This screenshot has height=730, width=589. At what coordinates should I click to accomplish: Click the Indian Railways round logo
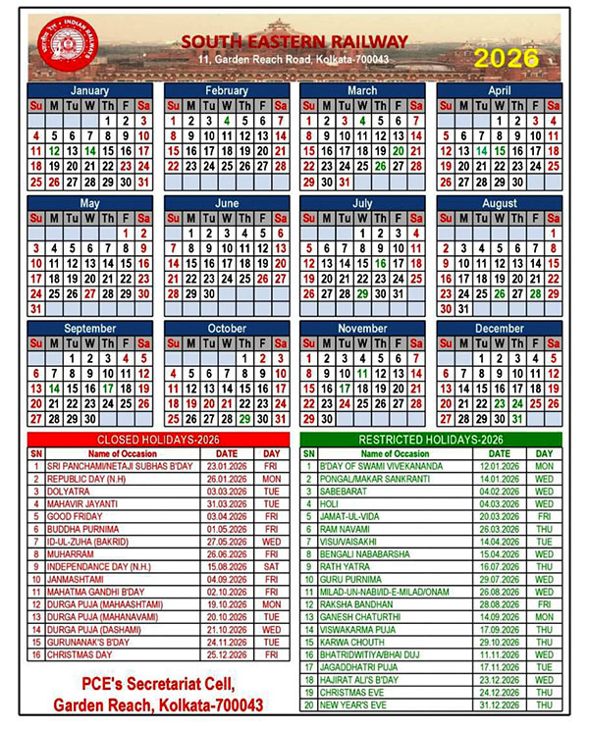(61, 45)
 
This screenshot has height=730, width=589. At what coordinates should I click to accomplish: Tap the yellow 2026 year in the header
(507, 58)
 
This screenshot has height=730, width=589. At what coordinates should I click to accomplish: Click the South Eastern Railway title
(294, 41)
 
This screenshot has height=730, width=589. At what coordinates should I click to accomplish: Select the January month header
(90, 90)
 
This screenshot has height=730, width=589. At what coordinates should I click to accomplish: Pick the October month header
(227, 329)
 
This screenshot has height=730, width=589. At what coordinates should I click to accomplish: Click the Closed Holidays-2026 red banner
(158, 439)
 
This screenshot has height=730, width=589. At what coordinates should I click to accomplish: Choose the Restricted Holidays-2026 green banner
(431, 439)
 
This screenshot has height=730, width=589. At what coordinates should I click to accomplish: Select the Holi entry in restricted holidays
(330, 502)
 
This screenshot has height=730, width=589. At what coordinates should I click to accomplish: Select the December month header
(500, 329)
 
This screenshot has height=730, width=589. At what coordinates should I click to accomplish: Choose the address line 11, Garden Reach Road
(294, 61)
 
